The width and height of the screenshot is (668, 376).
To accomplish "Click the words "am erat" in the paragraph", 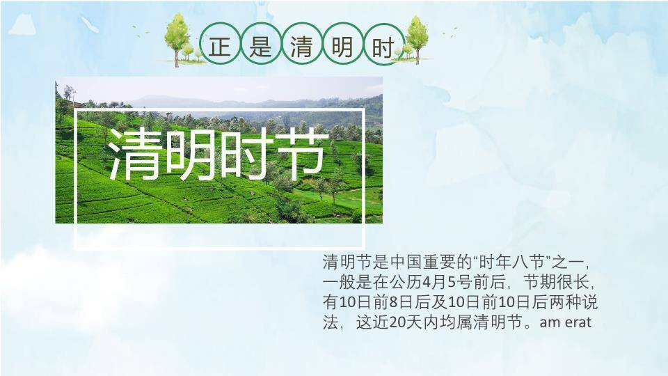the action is tap(565, 322).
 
